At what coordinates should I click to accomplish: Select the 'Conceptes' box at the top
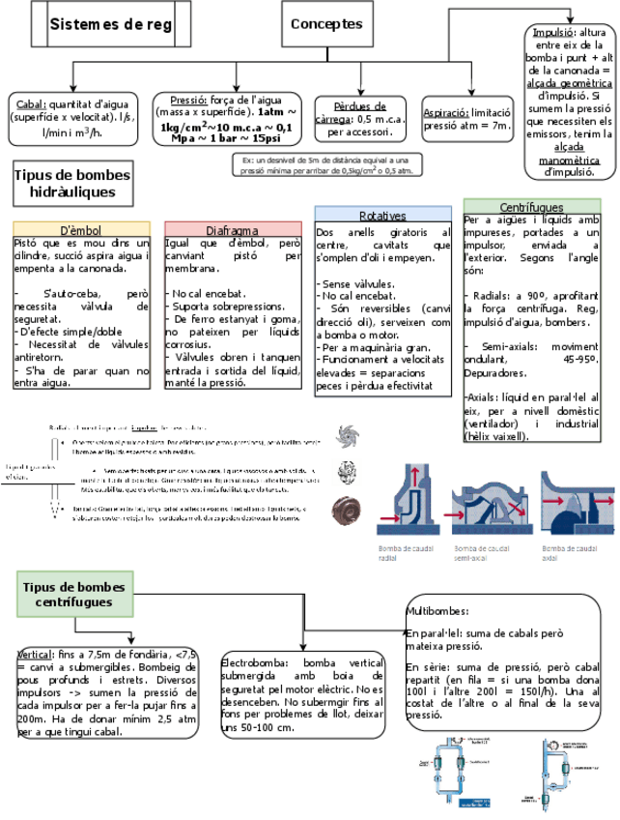(x=326, y=24)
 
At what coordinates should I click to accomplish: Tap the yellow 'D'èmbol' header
(x=81, y=230)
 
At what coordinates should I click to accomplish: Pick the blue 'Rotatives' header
(x=382, y=215)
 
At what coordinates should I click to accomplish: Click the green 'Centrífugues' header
(x=532, y=207)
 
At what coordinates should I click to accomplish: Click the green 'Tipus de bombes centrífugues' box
(x=73, y=594)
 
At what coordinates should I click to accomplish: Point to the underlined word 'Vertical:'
(x=35, y=655)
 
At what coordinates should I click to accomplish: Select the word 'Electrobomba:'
(x=253, y=661)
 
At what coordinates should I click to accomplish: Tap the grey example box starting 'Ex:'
(x=327, y=164)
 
